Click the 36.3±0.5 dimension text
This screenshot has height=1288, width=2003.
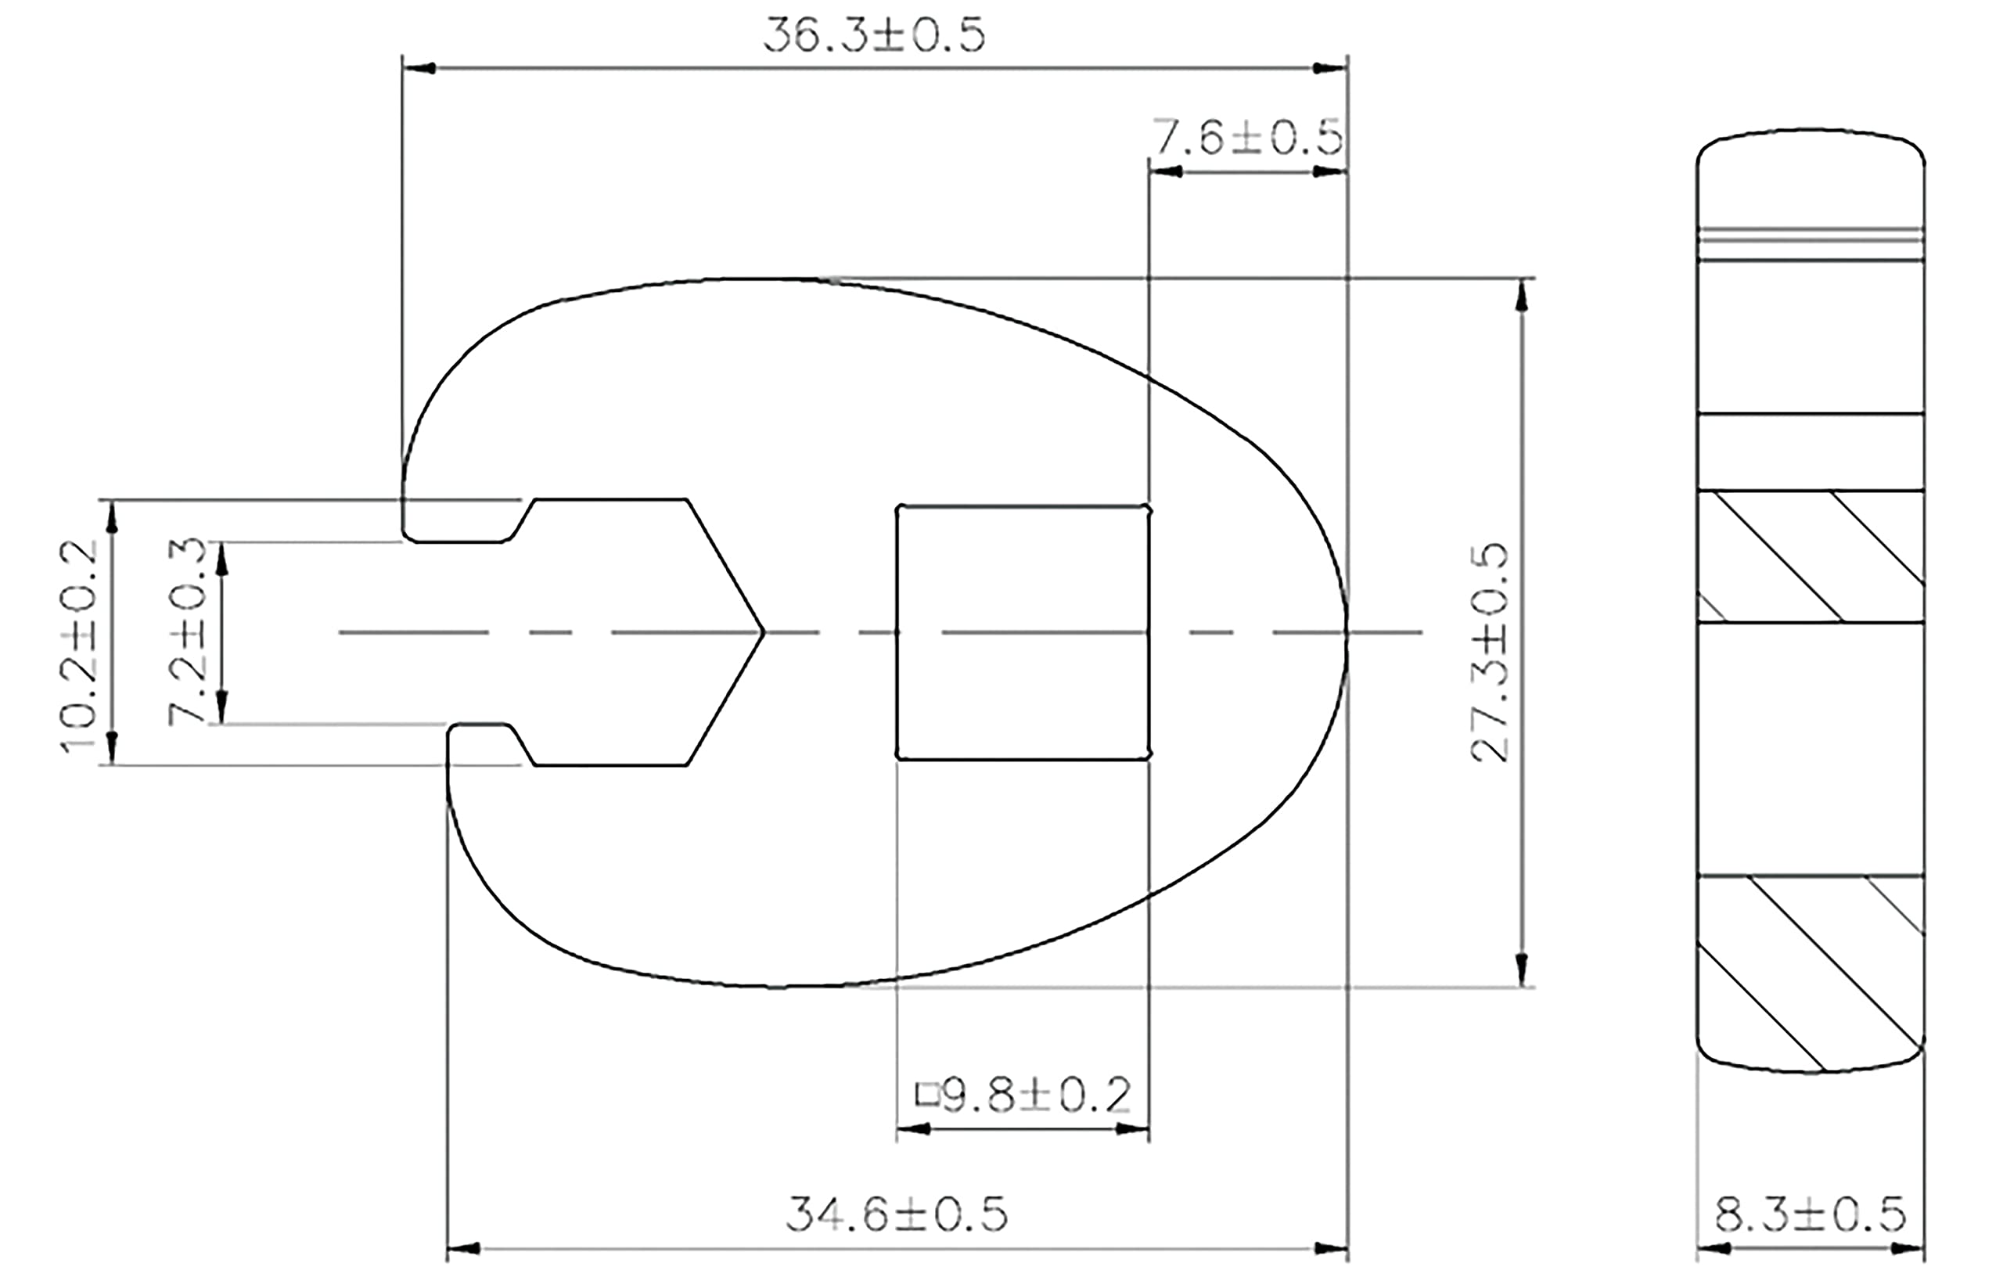click(x=874, y=35)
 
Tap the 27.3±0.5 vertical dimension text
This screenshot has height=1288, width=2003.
click(x=1490, y=653)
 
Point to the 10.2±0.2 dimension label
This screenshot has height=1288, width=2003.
click(x=80, y=646)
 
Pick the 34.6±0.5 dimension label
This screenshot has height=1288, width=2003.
click(x=897, y=1215)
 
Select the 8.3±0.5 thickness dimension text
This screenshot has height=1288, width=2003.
click(x=1811, y=1215)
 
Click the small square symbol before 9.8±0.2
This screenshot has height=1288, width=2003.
click(x=927, y=1095)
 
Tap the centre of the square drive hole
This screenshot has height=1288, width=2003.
click(x=1023, y=632)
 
